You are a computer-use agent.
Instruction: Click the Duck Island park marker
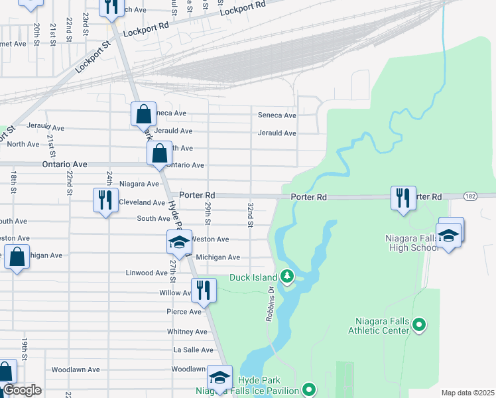point(286,275)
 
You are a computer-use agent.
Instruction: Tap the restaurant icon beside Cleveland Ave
point(105,200)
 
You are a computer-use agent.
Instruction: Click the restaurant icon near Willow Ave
point(203,290)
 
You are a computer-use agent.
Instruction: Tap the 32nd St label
point(251,215)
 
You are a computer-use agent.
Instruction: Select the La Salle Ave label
point(194,350)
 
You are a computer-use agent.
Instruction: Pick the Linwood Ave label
point(147,273)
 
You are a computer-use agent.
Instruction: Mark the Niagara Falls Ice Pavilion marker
point(308,389)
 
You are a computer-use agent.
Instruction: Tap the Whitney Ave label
point(188,331)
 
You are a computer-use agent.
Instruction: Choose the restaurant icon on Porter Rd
point(403,198)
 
